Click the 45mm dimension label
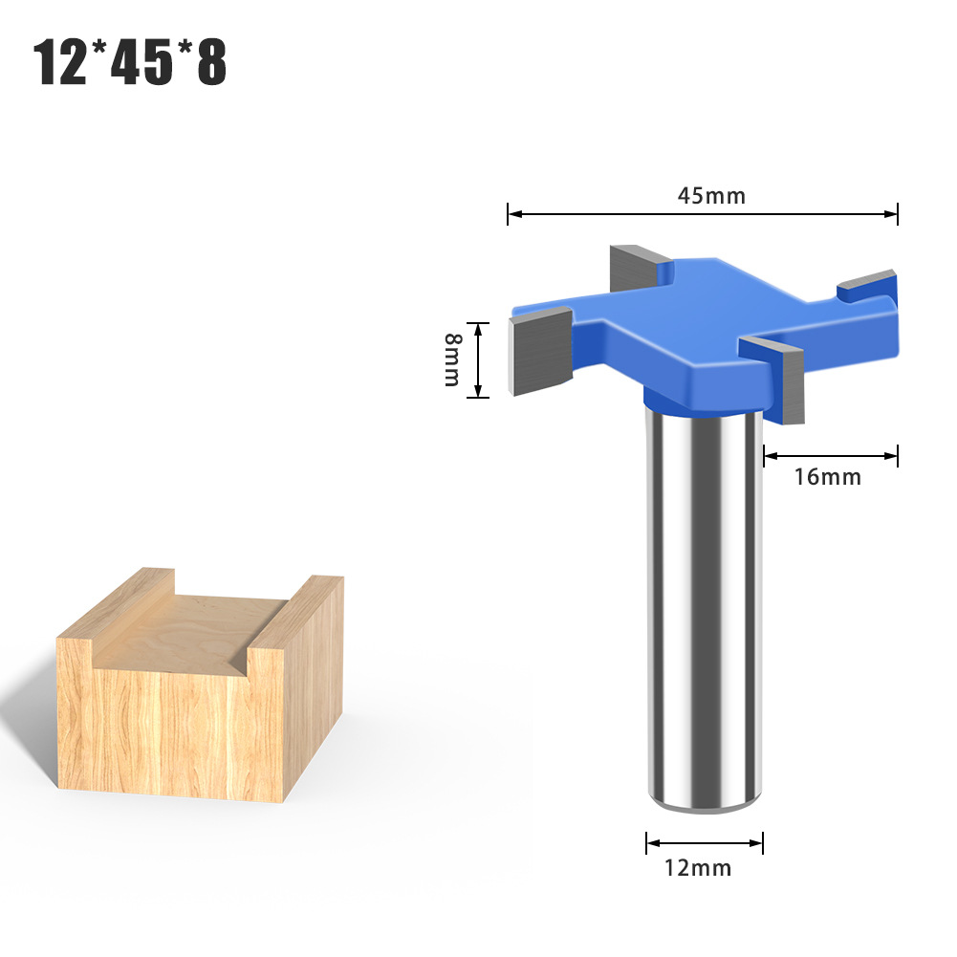pos(711,196)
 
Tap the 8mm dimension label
pos(452,359)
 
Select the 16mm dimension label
pos(828,477)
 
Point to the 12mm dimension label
pos(698,867)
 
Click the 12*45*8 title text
pos(129,61)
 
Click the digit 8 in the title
pos(212,61)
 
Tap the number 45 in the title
pos(141,61)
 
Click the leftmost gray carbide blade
pos(539,352)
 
